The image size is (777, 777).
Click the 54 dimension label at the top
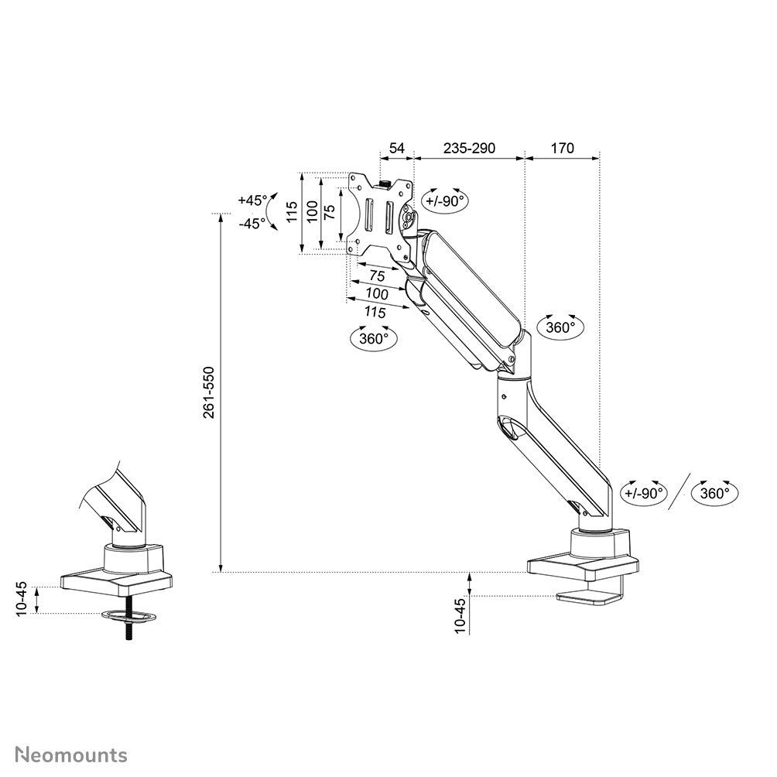pyautogui.click(x=396, y=148)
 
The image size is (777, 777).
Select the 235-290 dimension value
pyautogui.click(x=468, y=148)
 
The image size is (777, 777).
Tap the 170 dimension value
pyautogui.click(x=562, y=148)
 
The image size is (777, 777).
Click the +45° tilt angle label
pyautogui.click(x=252, y=200)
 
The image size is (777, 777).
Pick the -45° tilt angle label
pyautogui.click(x=252, y=223)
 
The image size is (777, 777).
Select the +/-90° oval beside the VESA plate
pyautogui.click(x=444, y=201)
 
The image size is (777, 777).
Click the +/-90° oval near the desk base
pyautogui.click(x=645, y=493)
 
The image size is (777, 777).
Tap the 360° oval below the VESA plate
pyautogui.click(x=374, y=338)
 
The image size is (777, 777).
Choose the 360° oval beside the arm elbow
pyautogui.click(x=561, y=327)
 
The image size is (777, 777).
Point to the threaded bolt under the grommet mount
pyautogui.click(x=128, y=632)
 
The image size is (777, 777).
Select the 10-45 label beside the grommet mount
pyautogui.click(x=22, y=597)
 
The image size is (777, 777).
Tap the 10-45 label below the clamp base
pyautogui.click(x=460, y=614)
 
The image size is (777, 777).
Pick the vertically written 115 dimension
pyautogui.click(x=292, y=211)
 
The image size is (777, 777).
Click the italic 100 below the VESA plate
pyautogui.click(x=377, y=293)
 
